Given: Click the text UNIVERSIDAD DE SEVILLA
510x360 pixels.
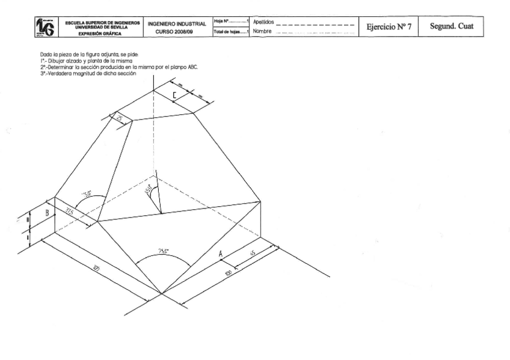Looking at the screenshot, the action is [x=102, y=26].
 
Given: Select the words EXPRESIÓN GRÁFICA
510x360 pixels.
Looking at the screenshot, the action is [x=102, y=34].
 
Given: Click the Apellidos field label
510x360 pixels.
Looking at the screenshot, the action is [x=264, y=22].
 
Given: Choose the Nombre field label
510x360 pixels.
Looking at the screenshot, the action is [x=263, y=31].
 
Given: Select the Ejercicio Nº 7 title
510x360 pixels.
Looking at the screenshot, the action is [x=385, y=27].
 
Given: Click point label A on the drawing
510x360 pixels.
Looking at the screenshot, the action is [x=221, y=254].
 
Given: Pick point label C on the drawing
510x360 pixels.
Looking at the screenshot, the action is [x=174, y=95].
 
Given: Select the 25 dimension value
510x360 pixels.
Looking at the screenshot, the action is [x=118, y=119].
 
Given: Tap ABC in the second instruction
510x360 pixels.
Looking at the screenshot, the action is [x=192, y=68].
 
